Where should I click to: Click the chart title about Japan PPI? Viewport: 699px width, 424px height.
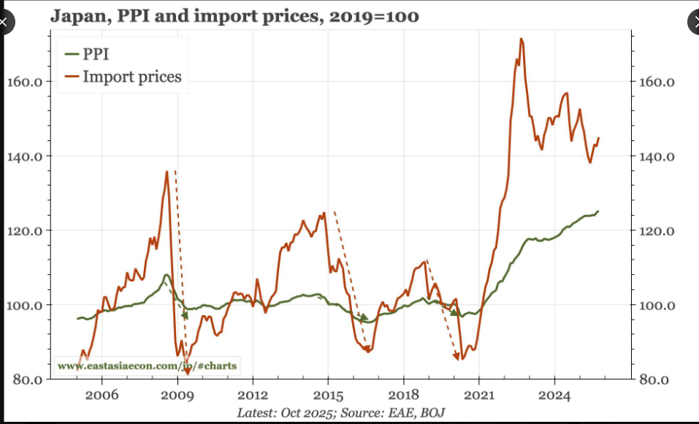coord(234,15)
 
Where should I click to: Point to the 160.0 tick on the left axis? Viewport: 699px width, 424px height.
coord(24,81)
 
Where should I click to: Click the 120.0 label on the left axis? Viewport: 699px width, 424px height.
coord(24,231)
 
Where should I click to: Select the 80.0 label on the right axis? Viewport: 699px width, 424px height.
coord(654,379)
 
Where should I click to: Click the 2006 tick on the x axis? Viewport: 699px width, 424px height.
coord(102,395)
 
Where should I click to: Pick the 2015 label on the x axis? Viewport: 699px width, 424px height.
coord(328,395)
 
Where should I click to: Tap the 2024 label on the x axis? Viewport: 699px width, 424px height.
coord(554,395)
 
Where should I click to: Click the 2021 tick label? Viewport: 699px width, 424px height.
coord(478,395)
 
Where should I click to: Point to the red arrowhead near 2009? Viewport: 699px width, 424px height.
coord(187,371)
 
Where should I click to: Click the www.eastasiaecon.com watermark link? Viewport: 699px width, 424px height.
coord(147,366)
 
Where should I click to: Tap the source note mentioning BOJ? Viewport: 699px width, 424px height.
coord(340,412)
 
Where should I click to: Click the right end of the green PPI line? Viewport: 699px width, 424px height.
coord(598,211)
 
